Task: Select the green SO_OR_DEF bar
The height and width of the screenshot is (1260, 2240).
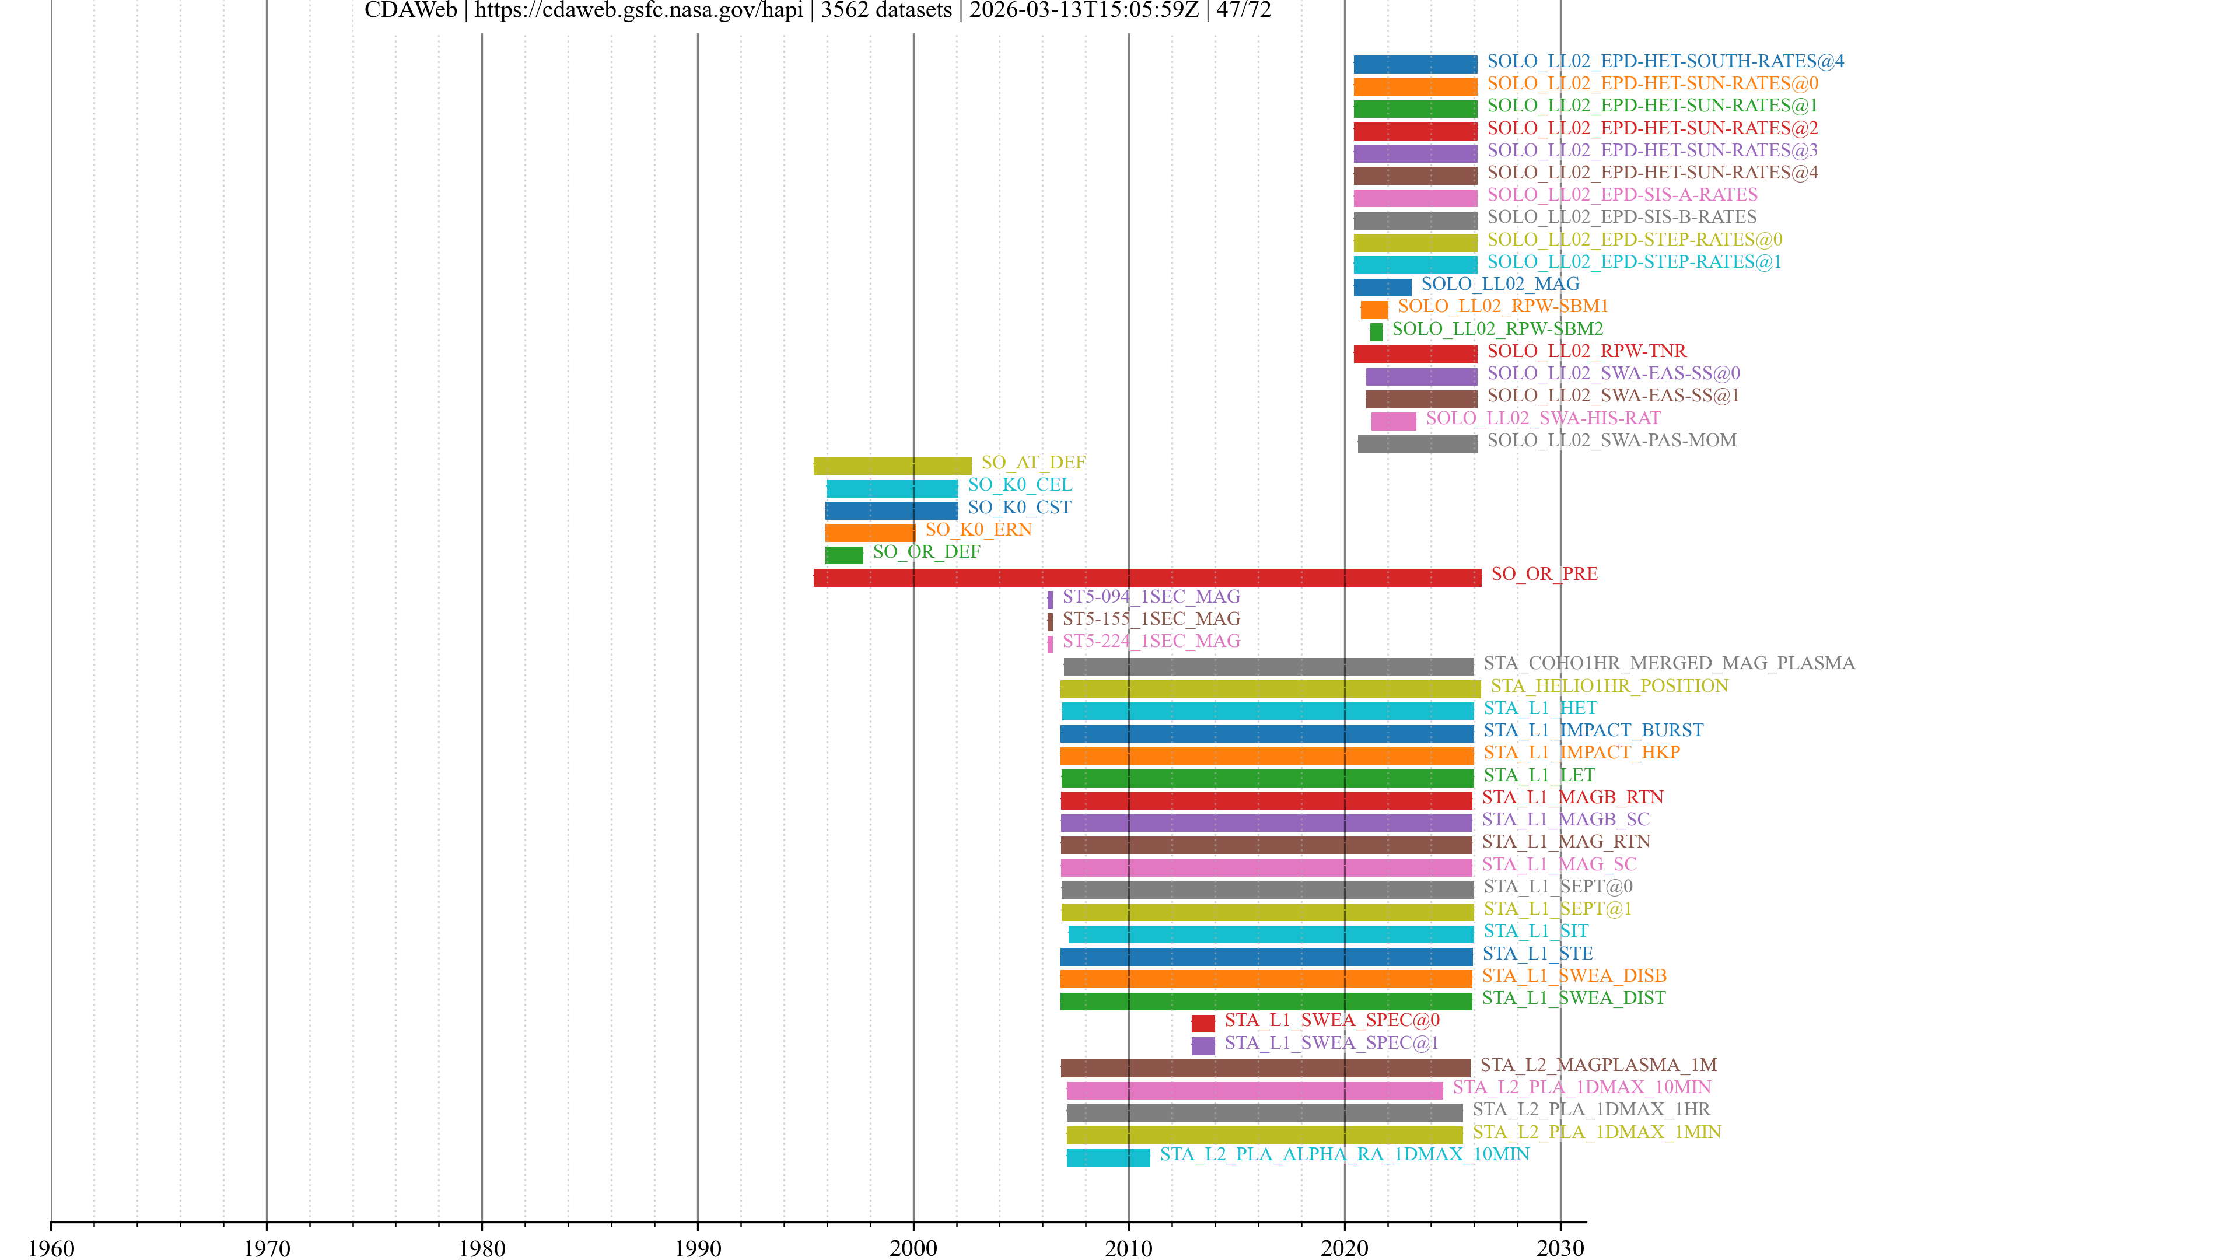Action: (843, 555)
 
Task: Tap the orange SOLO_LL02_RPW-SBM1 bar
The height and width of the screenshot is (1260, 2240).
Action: (1374, 310)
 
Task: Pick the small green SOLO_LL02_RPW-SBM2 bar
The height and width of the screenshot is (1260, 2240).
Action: (1375, 332)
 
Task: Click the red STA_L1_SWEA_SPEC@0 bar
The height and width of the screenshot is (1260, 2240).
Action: (1203, 1024)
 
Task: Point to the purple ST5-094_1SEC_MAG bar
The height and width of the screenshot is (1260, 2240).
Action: (1049, 599)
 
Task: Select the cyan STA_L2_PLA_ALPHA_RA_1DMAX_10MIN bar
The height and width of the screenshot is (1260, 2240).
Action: (1108, 1157)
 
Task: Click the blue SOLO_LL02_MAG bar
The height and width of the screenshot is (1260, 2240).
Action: (1382, 287)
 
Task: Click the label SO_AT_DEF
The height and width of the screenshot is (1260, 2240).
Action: (1033, 463)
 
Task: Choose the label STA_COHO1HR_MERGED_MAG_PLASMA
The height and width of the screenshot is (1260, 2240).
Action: (1669, 663)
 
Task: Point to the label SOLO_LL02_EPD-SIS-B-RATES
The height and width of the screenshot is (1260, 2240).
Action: (1621, 218)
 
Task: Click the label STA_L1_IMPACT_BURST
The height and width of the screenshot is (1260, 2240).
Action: (1593, 730)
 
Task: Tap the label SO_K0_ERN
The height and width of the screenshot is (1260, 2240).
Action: (978, 530)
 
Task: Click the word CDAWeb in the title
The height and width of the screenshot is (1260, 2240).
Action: (411, 10)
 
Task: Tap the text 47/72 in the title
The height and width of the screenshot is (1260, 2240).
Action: (1244, 10)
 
